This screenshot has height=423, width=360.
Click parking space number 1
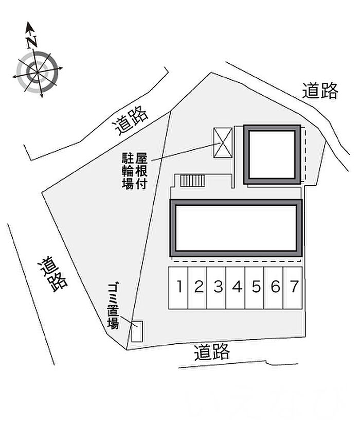(178, 288)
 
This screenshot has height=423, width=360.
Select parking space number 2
(197, 288)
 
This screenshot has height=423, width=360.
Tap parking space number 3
(217, 288)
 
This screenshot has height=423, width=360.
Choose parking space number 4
(236, 288)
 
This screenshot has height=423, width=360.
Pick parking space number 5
(255, 288)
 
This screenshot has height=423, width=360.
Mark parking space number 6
(274, 288)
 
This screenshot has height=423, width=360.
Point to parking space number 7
(293, 288)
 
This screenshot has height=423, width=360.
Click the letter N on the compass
(32, 42)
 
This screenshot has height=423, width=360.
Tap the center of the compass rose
(37, 72)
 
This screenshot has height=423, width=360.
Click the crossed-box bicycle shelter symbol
(223, 143)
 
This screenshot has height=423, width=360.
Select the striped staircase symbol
(192, 181)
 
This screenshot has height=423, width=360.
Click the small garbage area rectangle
(137, 331)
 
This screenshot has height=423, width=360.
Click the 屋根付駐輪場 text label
(135, 171)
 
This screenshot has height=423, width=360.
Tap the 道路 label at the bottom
(212, 352)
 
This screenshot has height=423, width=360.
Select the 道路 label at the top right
(320, 91)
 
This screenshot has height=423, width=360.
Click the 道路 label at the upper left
(131, 120)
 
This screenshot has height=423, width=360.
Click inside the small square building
(272, 154)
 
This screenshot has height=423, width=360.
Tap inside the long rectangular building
(236, 228)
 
